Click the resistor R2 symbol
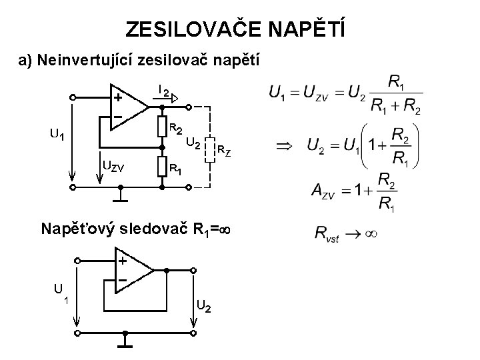[x=161, y=126]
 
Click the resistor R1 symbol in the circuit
[x=161, y=166]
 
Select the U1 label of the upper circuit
[x=57, y=135]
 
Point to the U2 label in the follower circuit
[x=205, y=307]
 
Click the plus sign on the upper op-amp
[x=117, y=97]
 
